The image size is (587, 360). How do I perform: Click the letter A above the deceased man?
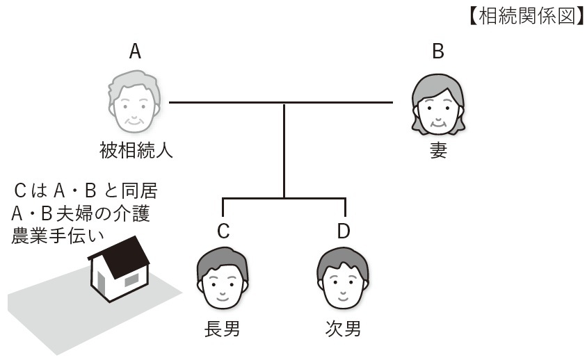tap(135, 51)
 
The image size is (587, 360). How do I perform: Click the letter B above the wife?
tap(437, 51)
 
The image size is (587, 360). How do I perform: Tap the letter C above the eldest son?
tap(223, 231)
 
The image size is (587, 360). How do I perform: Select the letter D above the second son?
tap(343, 231)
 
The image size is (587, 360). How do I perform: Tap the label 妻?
tap(437, 151)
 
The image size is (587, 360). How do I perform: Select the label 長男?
tap(223, 328)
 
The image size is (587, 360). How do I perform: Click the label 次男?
tap(343, 328)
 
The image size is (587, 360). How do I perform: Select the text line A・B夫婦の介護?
tap(80, 213)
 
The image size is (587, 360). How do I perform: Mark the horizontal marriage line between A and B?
tap(281, 103)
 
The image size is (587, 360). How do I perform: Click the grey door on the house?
tap(102, 283)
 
